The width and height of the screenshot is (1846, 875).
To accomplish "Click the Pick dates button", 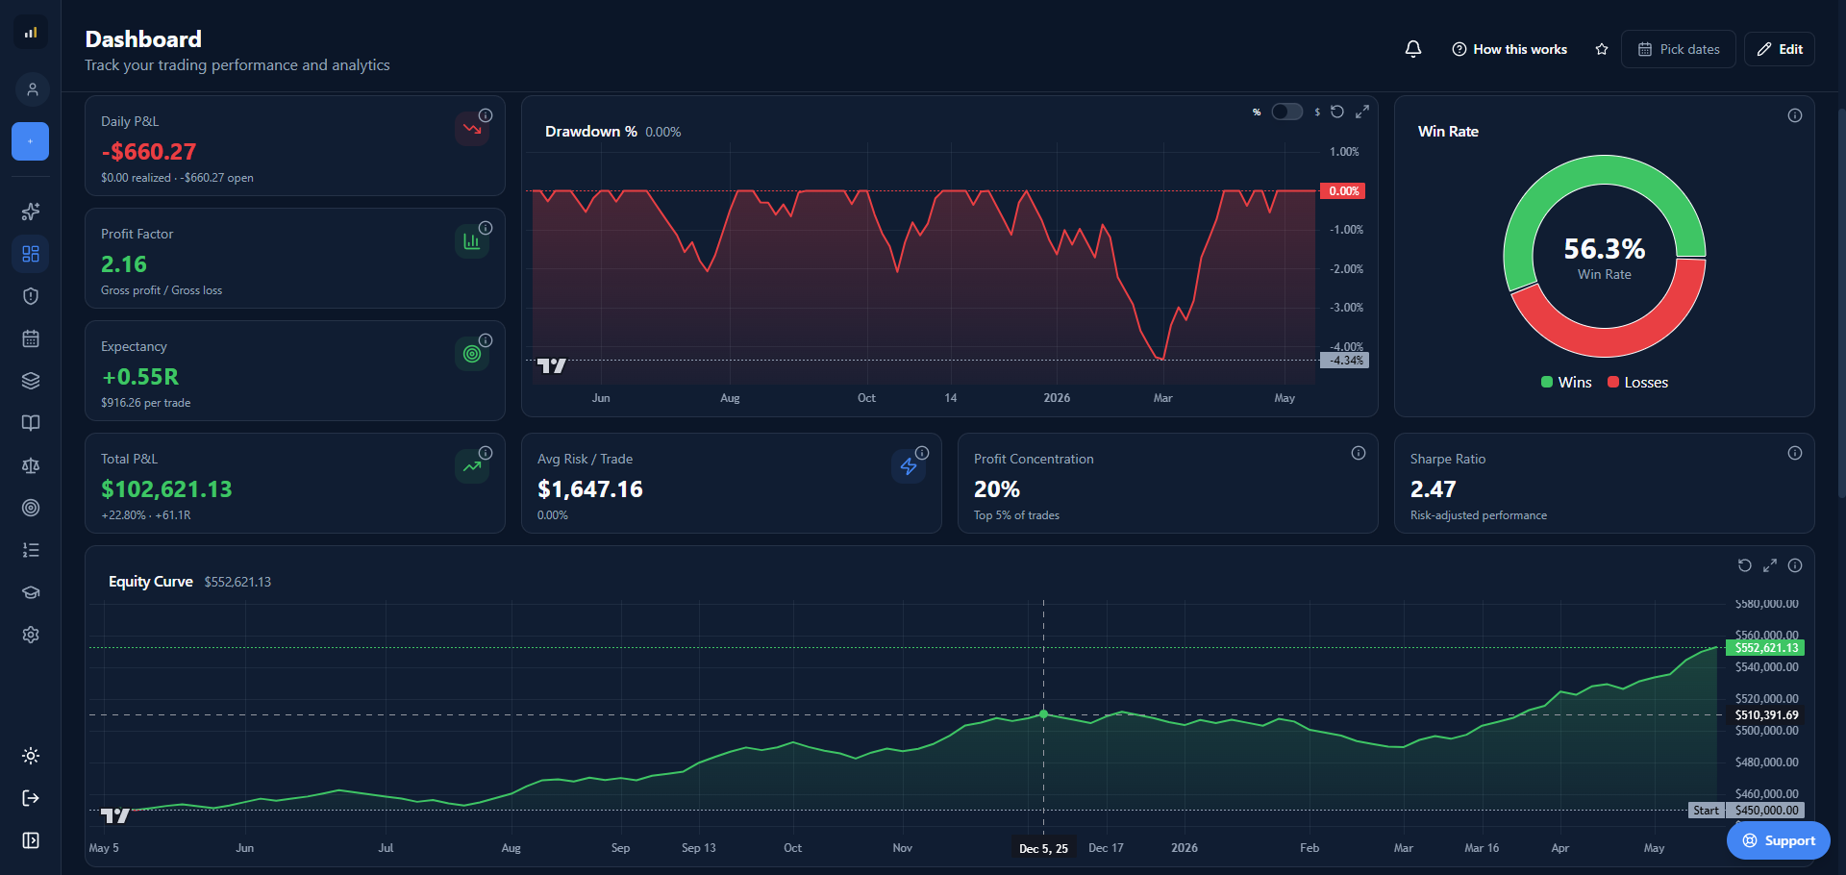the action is click(1678, 49).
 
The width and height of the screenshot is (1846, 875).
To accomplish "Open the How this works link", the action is click(1509, 49).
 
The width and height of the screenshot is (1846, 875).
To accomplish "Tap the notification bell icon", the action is click(1413, 49).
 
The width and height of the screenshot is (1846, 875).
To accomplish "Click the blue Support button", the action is click(1779, 840).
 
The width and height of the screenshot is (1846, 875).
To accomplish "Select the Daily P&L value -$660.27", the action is click(148, 151).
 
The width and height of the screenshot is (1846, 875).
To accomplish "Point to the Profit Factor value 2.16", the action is click(124, 263).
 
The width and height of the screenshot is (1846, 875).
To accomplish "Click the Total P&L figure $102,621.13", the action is click(166, 488).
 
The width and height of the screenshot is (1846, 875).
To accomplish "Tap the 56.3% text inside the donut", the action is click(1604, 249).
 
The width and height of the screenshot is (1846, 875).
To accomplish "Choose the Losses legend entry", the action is click(1637, 382).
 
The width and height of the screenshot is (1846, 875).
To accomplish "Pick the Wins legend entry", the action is click(1566, 382).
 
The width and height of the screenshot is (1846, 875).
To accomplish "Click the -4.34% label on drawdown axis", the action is click(1344, 361).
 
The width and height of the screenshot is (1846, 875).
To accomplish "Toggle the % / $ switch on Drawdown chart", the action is click(1286, 112).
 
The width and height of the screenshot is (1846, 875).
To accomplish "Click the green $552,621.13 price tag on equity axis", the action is click(1765, 648).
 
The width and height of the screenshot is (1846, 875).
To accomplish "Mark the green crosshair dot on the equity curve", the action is click(1043, 714).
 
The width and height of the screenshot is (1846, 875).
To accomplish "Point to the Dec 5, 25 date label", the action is click(1043, 848).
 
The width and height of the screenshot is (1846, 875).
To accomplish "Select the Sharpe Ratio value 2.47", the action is click(1433, 488).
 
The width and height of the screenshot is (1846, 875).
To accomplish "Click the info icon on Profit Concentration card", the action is click(1359, 453).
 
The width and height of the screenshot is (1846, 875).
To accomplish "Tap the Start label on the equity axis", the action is click(1707, 811).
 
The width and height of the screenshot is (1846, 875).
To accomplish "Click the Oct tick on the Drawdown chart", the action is click(866, 398).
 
